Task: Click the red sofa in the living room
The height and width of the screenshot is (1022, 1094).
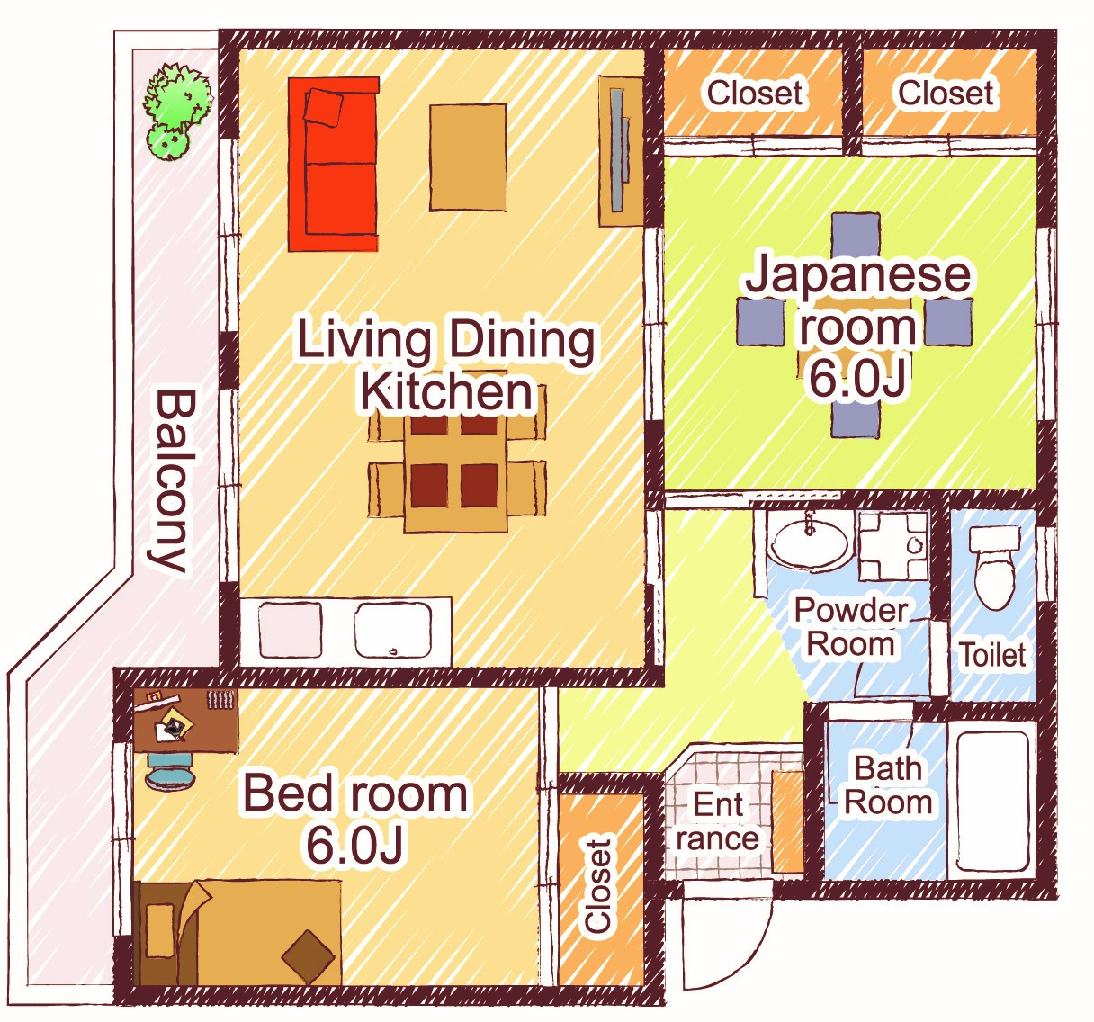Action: coord(333,164)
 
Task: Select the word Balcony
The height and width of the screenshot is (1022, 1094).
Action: coord(175,482)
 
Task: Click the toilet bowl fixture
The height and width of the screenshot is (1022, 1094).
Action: coord(994,569)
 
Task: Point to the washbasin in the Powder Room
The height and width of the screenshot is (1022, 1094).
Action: coord(809,542)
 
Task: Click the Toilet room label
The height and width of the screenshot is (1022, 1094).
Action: coord(993,656)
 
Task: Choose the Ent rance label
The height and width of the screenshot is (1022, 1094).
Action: coord(718,822)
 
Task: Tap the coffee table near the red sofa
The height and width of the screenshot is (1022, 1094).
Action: coord(468,157)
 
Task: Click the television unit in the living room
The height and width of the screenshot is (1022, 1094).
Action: coord(621,150)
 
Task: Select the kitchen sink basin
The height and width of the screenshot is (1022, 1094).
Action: coord(392,631)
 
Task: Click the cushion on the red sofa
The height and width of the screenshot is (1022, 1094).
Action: coord(323,107)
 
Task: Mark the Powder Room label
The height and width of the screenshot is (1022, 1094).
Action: coord(851,628)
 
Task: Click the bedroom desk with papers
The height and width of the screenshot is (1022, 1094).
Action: coord(186,722)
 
